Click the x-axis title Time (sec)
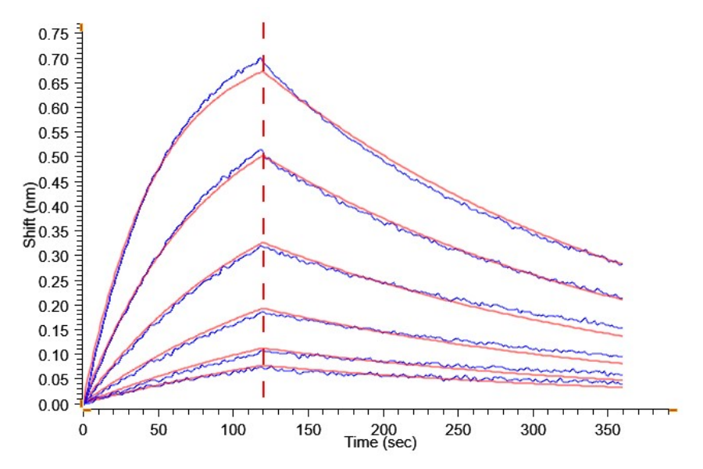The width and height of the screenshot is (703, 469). pyautogui.click(x=380, y=443)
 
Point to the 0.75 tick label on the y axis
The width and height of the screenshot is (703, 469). pyautogui.click(x=55, y=34)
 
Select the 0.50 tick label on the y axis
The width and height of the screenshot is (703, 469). pyautogui.click(x=55, y=158)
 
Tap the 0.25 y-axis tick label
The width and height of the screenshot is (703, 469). pyautogui.click(x=55, y=281)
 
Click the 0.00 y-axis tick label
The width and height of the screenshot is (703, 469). pyautogui.click(x=55, y=405)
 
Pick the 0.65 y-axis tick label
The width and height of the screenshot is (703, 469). pyautogui.click(x=55, y=84)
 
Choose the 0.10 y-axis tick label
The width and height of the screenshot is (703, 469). pyautogui.click(x=55, y=356)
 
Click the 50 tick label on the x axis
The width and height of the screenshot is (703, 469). pyautogui.click(x=159, y=429)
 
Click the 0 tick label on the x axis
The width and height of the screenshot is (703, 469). pyautogui.click(x=84, y=429)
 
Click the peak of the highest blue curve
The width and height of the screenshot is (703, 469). pyautogui.click(x=261, y=58)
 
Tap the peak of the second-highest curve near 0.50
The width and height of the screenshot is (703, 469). pyautogui.click(x=261, y=149)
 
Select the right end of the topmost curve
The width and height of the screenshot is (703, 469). pyautogui.click(x=622, y=263)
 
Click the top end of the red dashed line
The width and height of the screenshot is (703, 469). pyautogui.click(x=263, y=23)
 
